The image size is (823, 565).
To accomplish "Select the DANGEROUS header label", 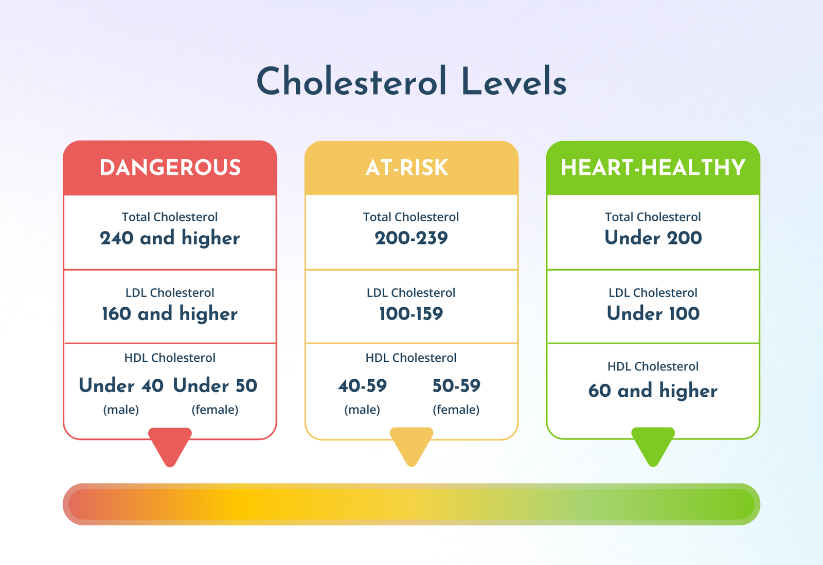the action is pos(170,168).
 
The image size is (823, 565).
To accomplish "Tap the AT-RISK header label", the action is pos(407,168).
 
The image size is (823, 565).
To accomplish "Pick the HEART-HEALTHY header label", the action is pos(653,168).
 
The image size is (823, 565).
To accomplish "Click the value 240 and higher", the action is pos(170,238).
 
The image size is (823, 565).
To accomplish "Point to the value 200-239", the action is pos(411,238).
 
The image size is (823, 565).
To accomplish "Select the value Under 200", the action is pos(653,237).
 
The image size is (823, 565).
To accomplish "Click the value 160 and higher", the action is pos(170,313).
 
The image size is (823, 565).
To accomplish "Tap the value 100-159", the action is pos(411,313).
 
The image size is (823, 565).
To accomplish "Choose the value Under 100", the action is pos(653,313).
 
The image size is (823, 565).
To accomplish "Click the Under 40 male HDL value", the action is pos(121,385).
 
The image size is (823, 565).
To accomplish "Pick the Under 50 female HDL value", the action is pos(215,385).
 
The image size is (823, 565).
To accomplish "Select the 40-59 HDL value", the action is pos(362,385).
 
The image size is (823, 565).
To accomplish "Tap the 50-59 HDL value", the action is pos(456,385).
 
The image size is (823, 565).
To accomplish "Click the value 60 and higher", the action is pos(653,391).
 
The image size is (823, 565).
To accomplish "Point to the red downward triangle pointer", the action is pos(170,445).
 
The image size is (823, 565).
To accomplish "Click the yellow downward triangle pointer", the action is pos(411,445).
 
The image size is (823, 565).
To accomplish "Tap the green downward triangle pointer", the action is pos(653,445).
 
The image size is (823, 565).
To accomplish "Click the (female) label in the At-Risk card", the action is pos(456,410).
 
